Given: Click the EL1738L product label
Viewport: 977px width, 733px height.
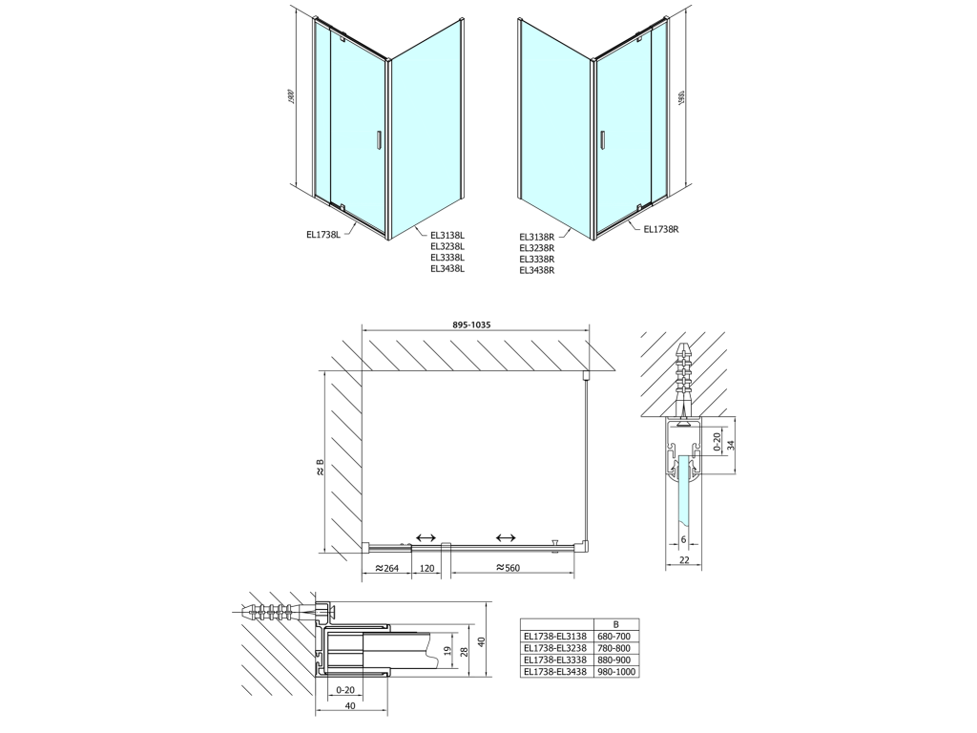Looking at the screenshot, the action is [323, 235].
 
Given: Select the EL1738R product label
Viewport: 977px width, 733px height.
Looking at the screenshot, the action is [661, 229].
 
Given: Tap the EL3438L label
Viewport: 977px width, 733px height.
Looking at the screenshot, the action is [448, 268].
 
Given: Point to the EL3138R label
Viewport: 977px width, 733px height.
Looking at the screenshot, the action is [536, 237].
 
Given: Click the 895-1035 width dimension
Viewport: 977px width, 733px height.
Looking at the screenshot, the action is [471, 325].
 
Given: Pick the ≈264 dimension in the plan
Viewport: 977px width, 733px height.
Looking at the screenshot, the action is [387, 568].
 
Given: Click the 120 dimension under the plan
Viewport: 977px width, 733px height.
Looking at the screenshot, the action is [426, 568].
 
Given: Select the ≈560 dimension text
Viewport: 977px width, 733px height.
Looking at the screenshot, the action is [508, 568].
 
